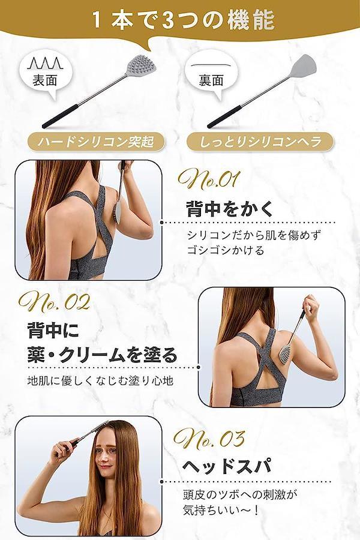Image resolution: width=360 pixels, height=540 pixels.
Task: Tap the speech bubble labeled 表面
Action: click(x=45, y=74)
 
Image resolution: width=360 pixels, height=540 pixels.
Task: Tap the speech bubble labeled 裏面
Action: click(x=211, y=74)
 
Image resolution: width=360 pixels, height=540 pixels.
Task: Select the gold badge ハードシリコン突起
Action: click(x=96, y=142)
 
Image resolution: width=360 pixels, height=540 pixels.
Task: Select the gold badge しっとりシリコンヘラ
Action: click(x=260, y=142)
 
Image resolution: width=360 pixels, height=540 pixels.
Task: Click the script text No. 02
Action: click(x=55, y=302)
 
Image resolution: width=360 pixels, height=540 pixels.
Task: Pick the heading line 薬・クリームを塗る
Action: click(x=103, y=355)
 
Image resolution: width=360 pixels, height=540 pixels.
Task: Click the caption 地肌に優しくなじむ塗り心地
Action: click(x=100, y=381)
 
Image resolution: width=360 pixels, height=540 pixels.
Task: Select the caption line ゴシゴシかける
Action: click(x=226, y=250)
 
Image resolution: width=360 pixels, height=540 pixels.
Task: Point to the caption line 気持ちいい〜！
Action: click(x=221, y=509)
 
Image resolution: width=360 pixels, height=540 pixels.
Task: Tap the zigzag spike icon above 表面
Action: click(x=46, y=64)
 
